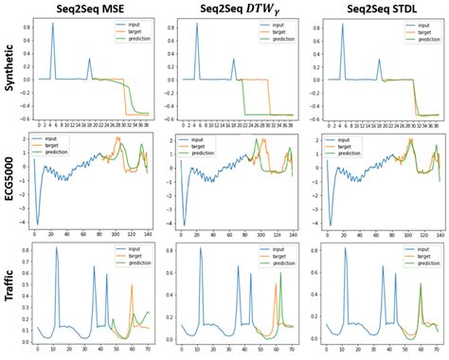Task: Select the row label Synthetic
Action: point(9,72)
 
